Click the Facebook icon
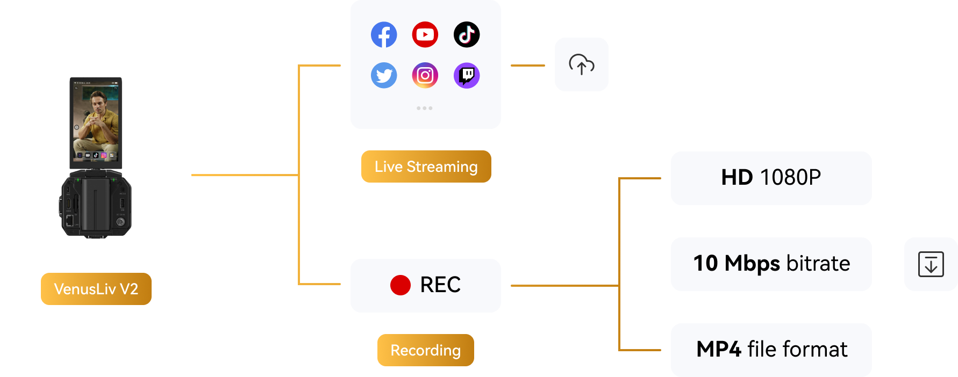click(384, 35)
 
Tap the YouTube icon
click(425, 35)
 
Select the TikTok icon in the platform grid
click(467, 35)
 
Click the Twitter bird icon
click(384, 76)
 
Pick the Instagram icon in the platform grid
click(425, 76)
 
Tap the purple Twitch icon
click(467, 76)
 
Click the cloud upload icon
click(582, 64)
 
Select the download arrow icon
click(931, 264)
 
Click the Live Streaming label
click(426, 166)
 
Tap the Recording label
click(426, 350)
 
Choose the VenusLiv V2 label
click(96, 289)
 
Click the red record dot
click(401, 285)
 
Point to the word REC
click(440, 285)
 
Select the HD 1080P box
click(771, 178)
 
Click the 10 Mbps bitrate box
click(771, 264)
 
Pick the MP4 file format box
click(771, 350)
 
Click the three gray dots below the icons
click(425, 108)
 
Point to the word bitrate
click(818, 264)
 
